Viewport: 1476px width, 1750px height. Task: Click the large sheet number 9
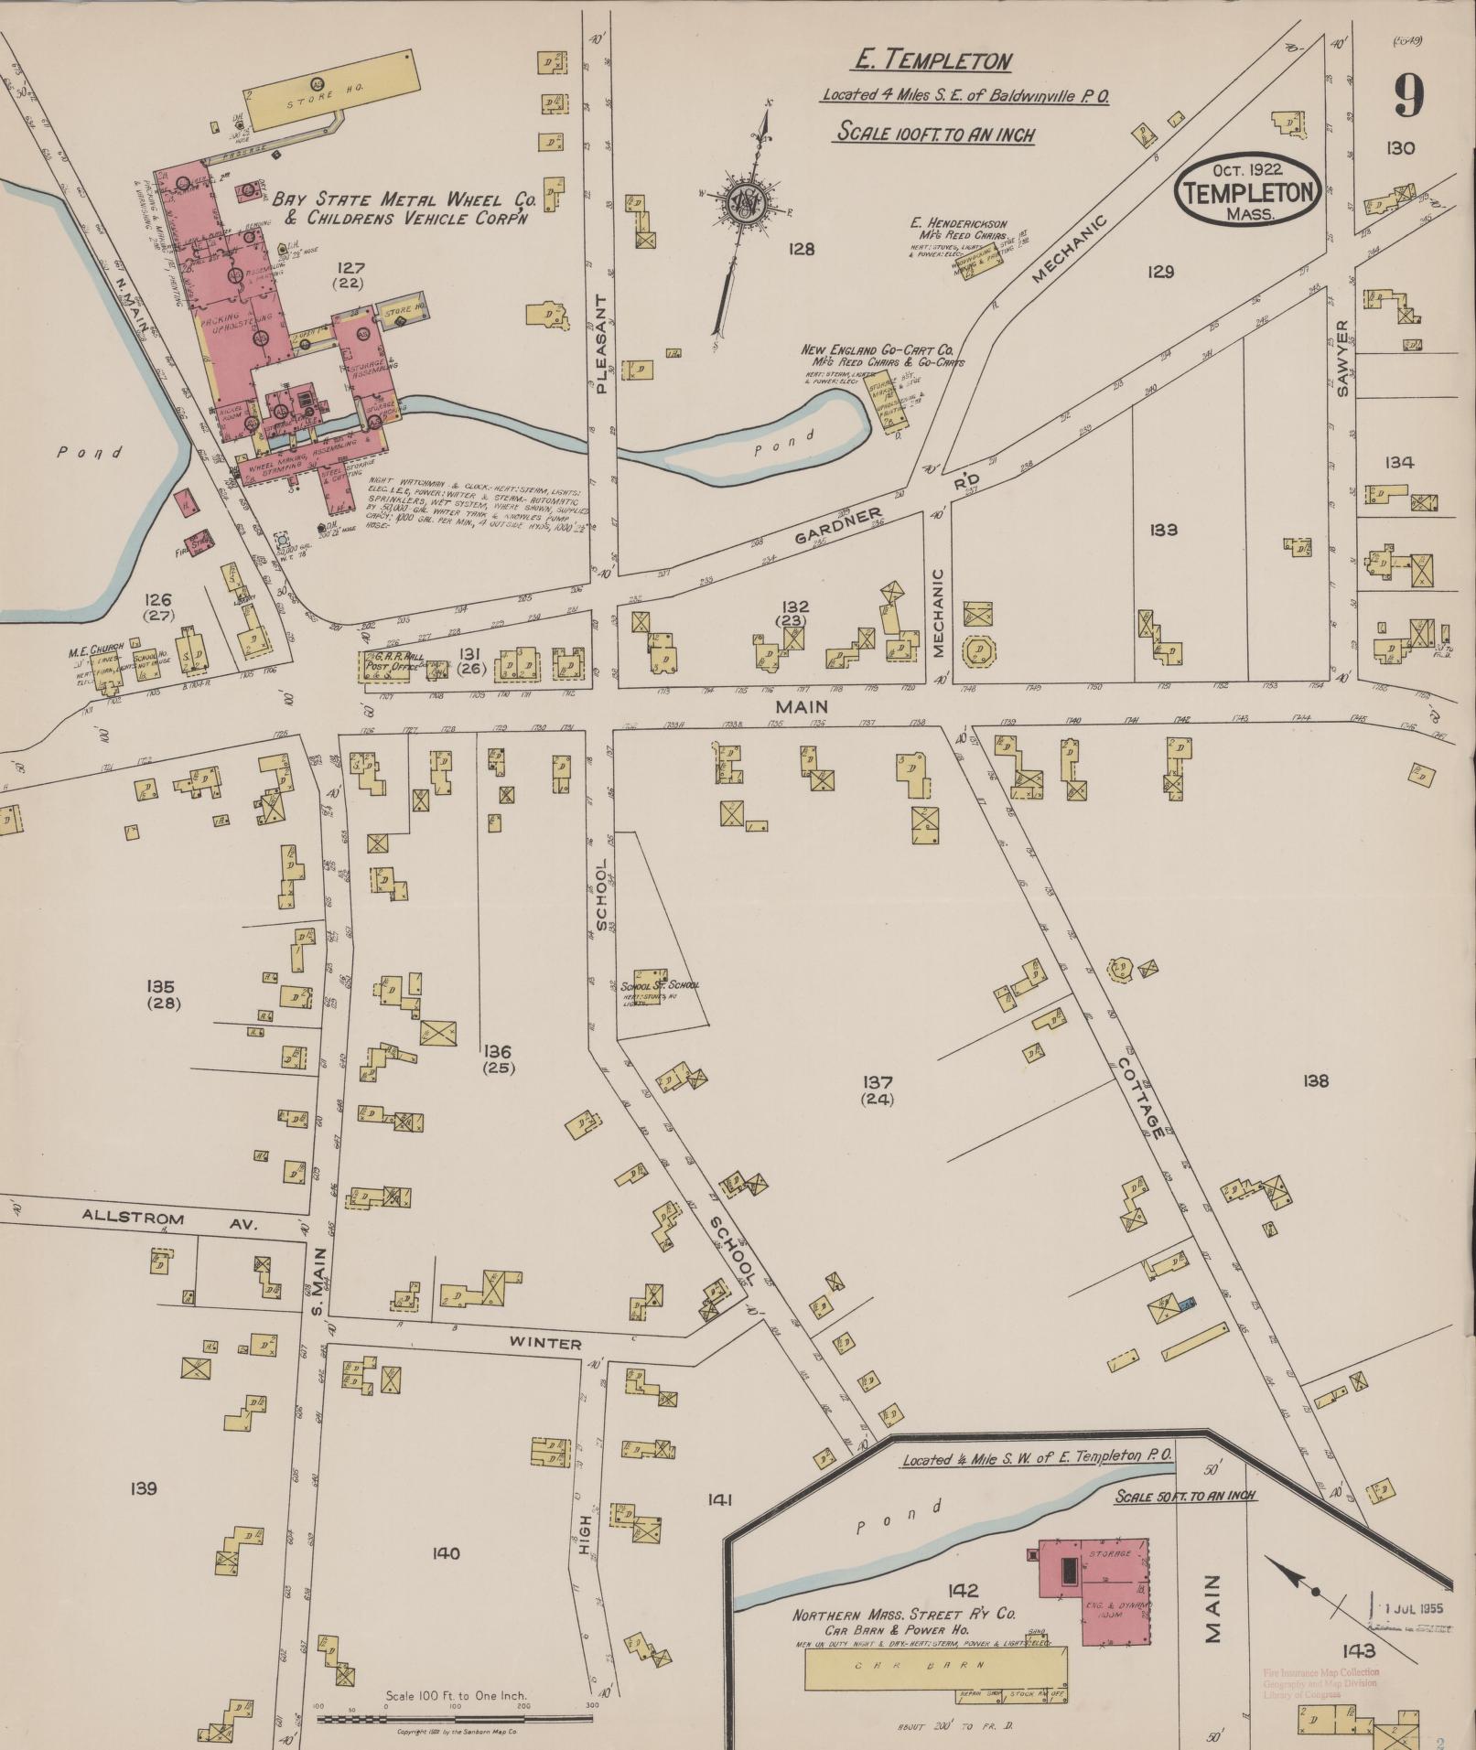(1408, 95)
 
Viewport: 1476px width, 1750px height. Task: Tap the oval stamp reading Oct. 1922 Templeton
(1248, 189)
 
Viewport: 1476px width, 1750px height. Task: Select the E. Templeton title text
(932, 60)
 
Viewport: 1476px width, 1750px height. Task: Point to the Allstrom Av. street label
(169, 1219)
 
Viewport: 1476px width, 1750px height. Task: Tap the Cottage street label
(1140, 1098)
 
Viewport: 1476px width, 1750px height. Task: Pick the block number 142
(963, 1590)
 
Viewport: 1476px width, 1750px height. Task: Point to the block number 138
(1315, 1081)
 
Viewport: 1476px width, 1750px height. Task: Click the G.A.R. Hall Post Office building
(389, 665)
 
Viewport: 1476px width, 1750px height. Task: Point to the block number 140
(446, 1552)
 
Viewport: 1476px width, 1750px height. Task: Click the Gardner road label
(836, 526)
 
